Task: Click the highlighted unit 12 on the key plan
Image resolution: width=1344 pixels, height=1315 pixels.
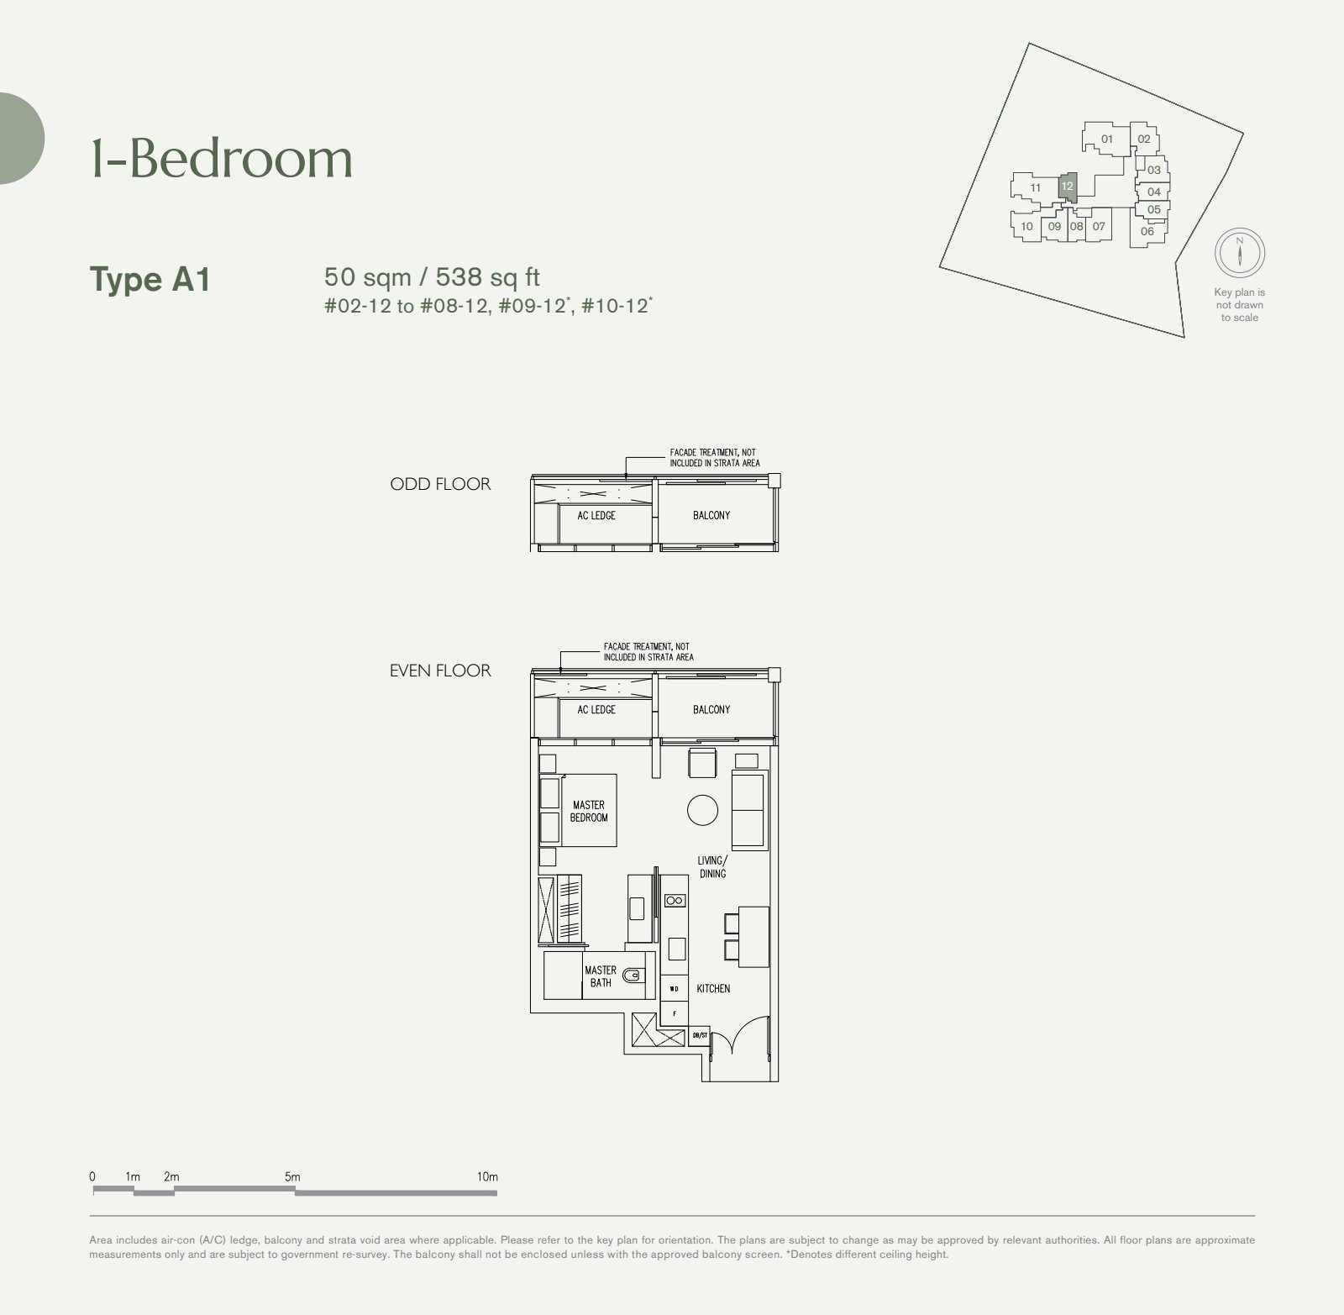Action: click(x=1067, y=186)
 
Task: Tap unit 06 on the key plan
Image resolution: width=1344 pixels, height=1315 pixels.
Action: click(x=1147, y=231)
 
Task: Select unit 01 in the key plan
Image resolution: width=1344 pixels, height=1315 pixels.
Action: click(x=1106, y=139)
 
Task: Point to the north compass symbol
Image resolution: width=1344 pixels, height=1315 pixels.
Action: click(x=1240, y=253)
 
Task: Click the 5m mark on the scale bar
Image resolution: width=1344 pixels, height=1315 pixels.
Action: click(x=292, y=1176)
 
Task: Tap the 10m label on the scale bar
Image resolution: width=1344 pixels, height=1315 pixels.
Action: click(x=487, y=1176)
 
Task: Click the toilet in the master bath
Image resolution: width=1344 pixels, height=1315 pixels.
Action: click(x=633, y=975)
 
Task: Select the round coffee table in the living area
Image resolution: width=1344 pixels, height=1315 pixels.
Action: click(x=702, y=810)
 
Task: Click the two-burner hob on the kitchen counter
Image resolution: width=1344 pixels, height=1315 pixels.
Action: click(x=675, y=901)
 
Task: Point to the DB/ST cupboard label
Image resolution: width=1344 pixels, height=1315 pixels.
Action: click(x=699, y=1037)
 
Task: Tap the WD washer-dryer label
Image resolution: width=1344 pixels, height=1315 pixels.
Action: click(x=674, y=989)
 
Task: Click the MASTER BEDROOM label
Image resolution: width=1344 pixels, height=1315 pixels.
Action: click(x=589, y=811)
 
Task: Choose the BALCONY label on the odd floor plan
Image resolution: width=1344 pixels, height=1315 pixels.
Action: click(x=711, y=515)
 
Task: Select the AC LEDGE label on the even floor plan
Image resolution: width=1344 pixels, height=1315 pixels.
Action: click(x=596, y=710)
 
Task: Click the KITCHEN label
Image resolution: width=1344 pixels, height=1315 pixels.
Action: click(x=713, y=989)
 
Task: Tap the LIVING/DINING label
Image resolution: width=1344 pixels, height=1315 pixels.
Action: click(x=712, y=867)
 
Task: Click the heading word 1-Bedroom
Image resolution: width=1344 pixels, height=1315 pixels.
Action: click(x=222, y=158)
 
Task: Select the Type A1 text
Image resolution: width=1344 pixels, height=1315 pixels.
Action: click(x=150, y=280)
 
